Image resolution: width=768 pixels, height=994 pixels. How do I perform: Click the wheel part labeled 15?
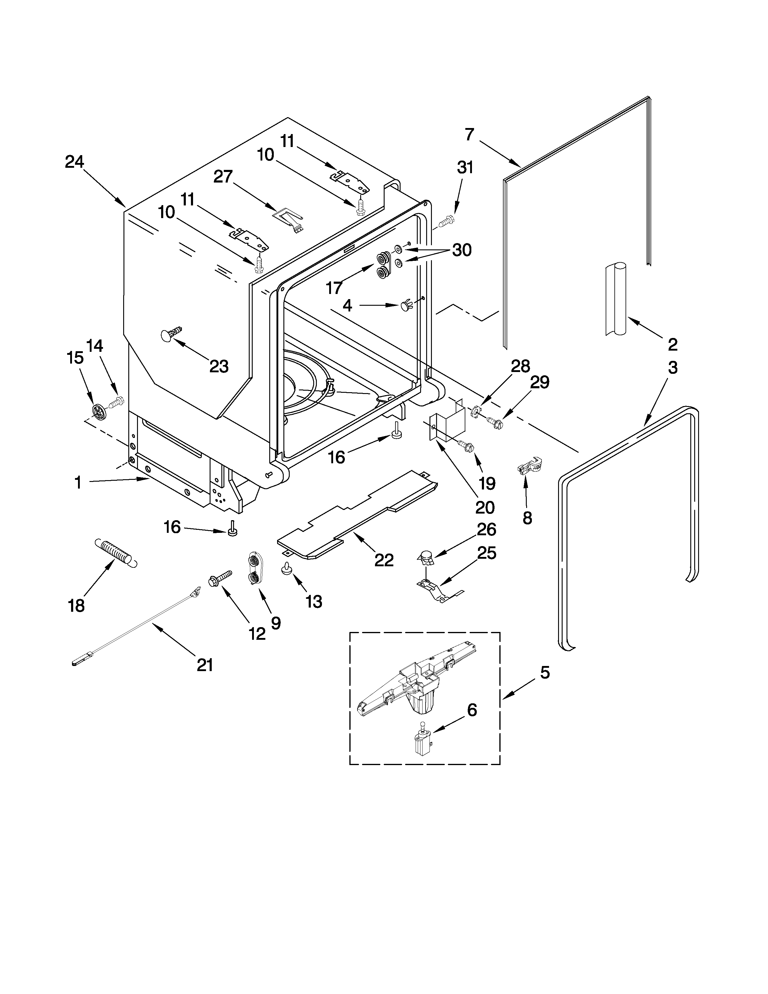pos(98,411)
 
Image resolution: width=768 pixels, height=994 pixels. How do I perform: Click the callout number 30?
pos(461,250)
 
